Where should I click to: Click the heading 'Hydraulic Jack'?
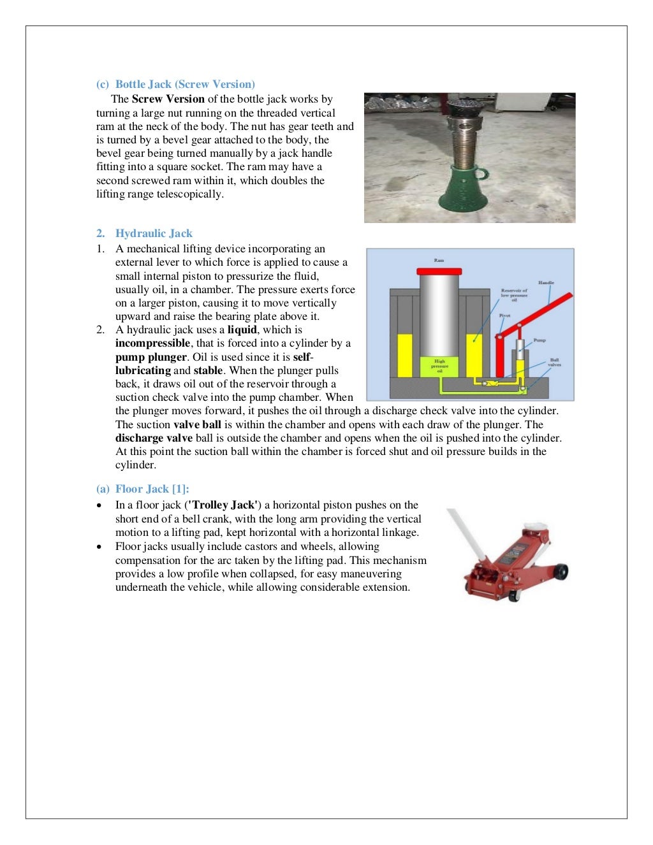point(154,233)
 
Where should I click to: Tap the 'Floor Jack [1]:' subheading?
point(152,489)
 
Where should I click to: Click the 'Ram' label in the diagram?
point(439,260)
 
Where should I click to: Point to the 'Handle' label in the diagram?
point(546,282)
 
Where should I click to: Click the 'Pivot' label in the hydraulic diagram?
point(504,315)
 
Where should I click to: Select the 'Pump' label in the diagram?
point(539,340)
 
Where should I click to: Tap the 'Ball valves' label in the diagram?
point(554,362)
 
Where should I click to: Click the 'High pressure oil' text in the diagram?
point(439,366)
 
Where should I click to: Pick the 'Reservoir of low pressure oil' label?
point(514,295)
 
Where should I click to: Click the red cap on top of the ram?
point(439,270)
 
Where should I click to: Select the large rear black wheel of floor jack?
point(562,572)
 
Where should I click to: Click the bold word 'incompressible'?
point(152,343)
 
